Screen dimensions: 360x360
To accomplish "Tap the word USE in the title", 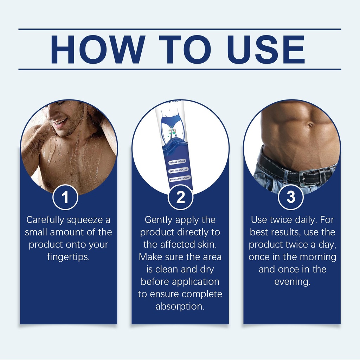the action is click(266, 49).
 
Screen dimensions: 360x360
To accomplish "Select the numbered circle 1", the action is click(65, 197).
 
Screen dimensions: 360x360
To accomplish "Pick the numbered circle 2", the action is click(180, 197).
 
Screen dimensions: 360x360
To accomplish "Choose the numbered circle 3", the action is click(291, 197).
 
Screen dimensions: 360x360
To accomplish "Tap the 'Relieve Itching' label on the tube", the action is click(177, 162).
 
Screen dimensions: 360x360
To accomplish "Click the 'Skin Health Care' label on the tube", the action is click(179, 171).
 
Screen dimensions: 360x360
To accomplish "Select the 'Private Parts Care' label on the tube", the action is click(180, 179).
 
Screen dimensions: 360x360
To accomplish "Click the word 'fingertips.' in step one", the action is click(69, 257).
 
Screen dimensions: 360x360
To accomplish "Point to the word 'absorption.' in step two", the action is click(180, 306).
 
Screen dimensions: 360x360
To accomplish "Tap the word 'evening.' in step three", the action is click(292, 282).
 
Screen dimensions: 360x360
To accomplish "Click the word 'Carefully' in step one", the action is click(45, 220).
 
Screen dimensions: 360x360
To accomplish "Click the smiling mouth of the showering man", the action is click(60, 121).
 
